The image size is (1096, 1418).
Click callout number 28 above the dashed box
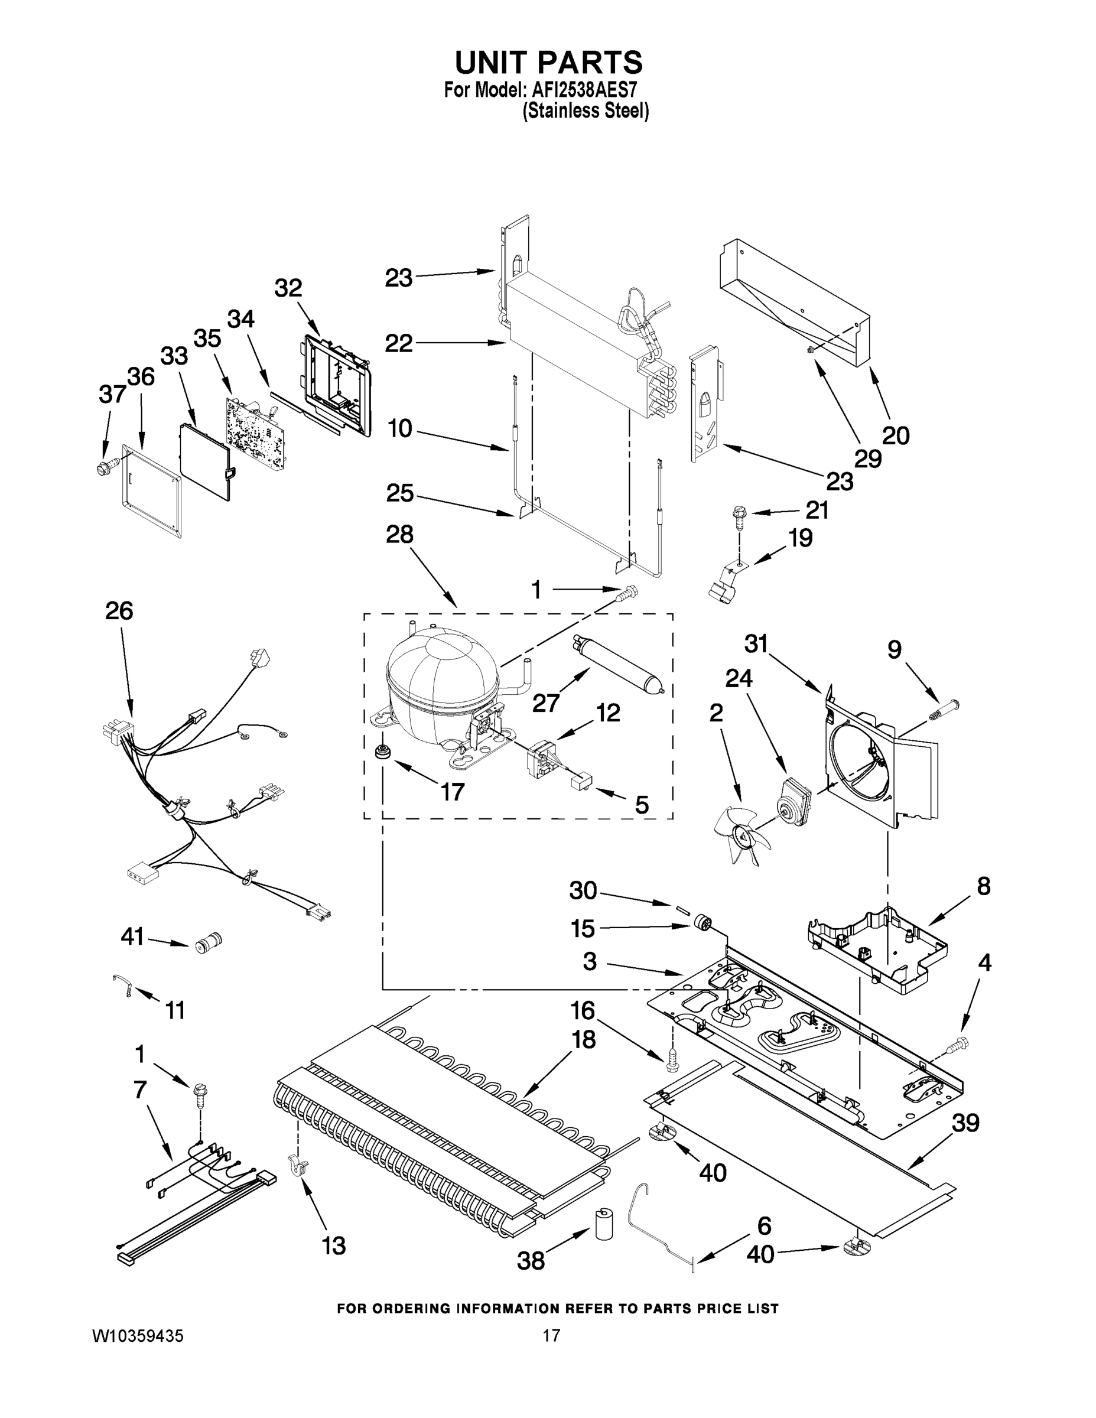399,534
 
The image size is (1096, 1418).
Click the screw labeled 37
106,466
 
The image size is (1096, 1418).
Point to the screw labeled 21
740,516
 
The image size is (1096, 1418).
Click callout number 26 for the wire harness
119,611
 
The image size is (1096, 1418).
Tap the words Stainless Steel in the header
585,111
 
